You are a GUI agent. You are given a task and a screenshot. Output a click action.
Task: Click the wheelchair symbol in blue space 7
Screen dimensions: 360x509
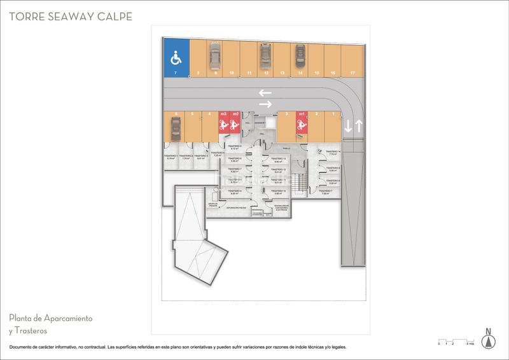[176, 59]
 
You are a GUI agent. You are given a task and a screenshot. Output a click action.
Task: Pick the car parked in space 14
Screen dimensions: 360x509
[299, 57]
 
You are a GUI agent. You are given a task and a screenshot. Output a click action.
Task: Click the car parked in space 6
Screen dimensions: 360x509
[175, 130]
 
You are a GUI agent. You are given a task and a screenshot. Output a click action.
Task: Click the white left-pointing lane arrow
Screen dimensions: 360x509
[265, 93]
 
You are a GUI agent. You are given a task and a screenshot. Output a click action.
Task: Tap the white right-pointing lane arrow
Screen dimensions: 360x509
[265, 104]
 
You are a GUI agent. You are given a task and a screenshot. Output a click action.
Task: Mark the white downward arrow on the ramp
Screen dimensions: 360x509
[348, 127]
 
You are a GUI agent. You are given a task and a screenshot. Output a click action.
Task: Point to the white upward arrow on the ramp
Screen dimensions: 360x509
[359, 127]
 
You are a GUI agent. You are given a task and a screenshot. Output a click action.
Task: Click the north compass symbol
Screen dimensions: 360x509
[488, 339]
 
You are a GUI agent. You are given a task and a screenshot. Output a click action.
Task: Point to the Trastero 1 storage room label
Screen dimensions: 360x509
[169, 156]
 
